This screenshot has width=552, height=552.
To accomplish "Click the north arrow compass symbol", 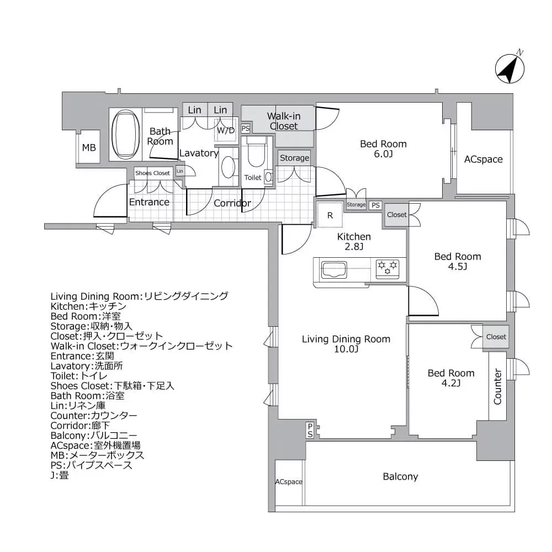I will coord(509,68).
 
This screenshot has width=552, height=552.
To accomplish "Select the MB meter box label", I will coord(89,148).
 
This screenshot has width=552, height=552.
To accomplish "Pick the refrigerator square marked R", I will coord(330,215).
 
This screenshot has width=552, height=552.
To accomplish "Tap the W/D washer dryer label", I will coord(225,131).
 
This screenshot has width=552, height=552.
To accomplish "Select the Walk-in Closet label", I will coord(283,121).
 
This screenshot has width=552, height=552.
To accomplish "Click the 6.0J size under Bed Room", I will coord(383,155).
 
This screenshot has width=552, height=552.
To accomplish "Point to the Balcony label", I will coord(400,476).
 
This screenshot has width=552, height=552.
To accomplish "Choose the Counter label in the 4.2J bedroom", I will coord(497,386).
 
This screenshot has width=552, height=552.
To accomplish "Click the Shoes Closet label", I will coord(153,173).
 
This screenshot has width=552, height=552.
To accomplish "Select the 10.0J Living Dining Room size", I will coord(346,350).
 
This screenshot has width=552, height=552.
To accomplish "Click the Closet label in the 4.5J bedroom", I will coord(396,215).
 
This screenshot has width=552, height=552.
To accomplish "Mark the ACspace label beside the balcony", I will coord(289,482).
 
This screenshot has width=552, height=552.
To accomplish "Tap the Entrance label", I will coord(149,202).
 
